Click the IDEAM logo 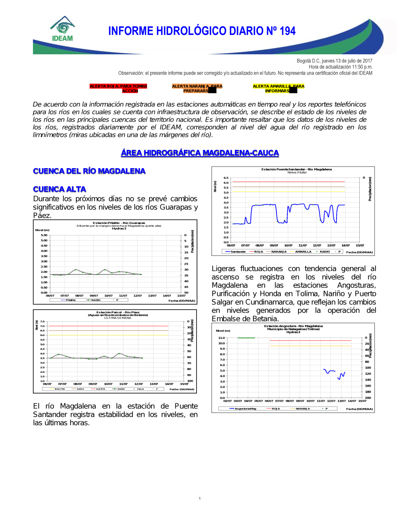coord(63,29)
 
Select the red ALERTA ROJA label coord(118,88)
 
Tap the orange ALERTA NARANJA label coord(197,88)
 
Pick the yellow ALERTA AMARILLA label coord(278,88)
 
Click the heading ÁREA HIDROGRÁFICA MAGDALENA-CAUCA coord(200,153)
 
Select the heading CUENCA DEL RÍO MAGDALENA coord(89,171)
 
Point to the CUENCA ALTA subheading coord(59,189)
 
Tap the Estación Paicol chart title coord(118,312)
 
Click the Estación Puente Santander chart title coord(296,169)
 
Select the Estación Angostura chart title coord(293,326)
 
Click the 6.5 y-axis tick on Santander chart coord(226,178)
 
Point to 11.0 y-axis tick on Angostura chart coord(221,338)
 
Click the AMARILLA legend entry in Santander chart coord(303,252)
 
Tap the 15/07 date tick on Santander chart coord(360,245)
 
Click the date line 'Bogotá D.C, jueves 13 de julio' coord(334,61)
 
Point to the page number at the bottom coord(200,498)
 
